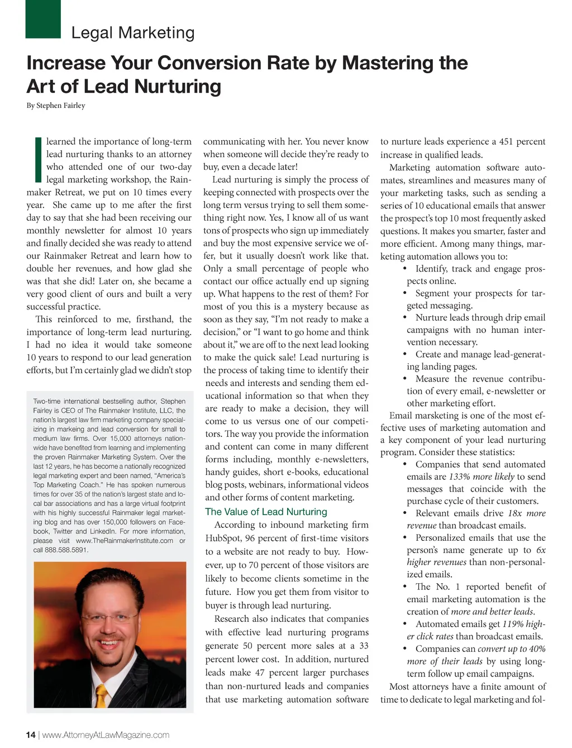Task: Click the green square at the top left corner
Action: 43,18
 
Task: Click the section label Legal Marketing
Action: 133,33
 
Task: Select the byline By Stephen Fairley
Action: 56,105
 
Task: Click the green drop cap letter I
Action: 37,160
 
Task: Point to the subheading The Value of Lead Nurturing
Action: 266,512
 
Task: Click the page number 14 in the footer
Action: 31,735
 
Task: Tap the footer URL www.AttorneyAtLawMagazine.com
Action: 106,735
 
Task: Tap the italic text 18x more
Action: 527,513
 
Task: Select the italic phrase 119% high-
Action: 523,624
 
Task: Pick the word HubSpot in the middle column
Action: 223,538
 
